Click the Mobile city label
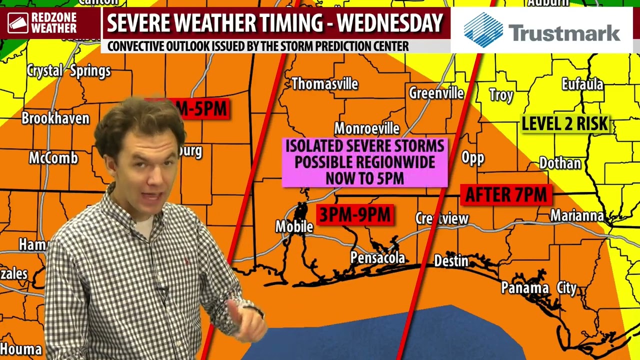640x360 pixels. point(294,227)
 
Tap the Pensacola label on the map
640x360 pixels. point(377,258)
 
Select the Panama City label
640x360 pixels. point(538,288)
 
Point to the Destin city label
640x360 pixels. point(451,261)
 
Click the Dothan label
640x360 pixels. point(560,163)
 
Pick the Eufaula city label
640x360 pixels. point(582,84)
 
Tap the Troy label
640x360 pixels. point(501,95)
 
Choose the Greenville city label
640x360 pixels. point(436,93)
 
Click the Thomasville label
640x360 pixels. point(324,84)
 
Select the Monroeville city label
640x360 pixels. point(366,128)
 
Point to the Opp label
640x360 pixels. point(472,158)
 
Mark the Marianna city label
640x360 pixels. point(577,215)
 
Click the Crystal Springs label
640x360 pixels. point(68,71)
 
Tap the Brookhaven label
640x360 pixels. point(55,118)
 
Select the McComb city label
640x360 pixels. point(53,158)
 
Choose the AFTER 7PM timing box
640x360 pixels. point(505,195)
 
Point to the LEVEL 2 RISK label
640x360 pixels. point(564,124)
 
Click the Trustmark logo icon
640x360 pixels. point(483,30)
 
